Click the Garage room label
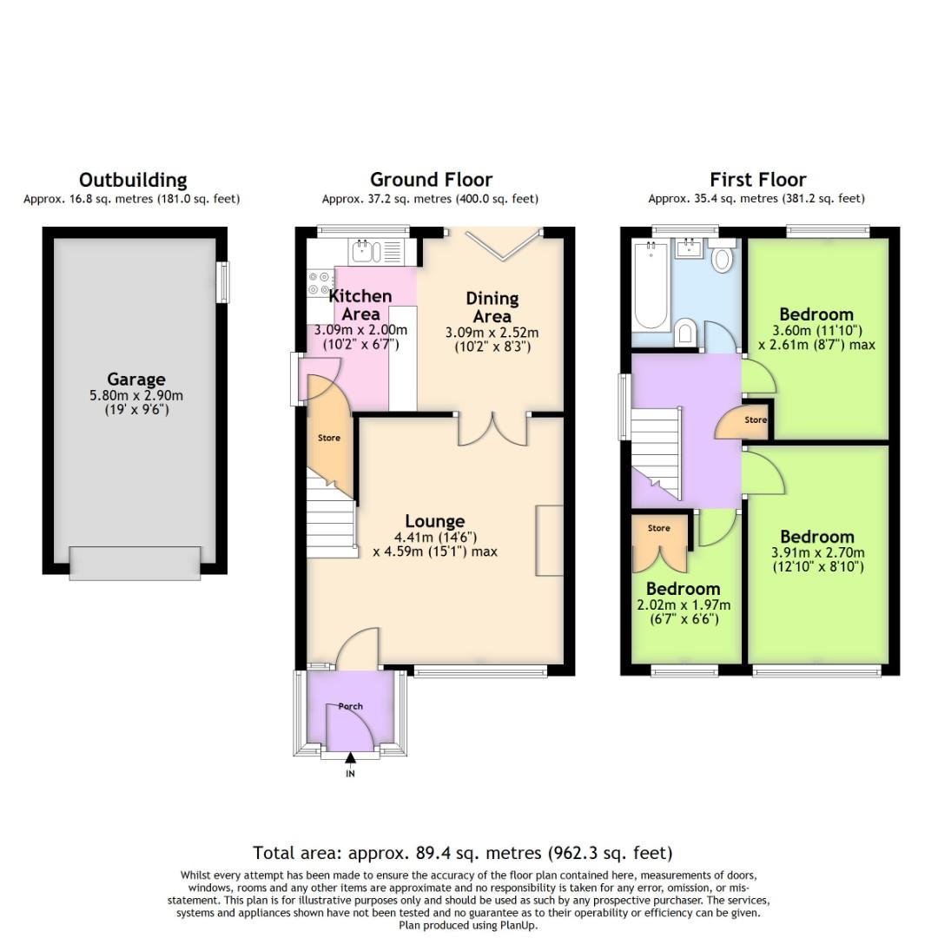pyautogui.click(x=136, y=379)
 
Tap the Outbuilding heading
pyautogui.click(x=133, y=180)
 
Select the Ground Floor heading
pyautogui.click(x=431, y=180)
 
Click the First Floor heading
pyautogui.click(x=757, y=180)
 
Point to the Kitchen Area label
pyautogui.click(x=360, y=305)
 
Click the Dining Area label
pyautogui.click(x=492, y=307)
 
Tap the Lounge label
pyautogui.click(x=434, y=521)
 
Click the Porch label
pyautogui.click(x=350, y=706)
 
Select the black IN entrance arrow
pyautogui.click(x=350, y=758)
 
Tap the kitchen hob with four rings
pyautogui.click(x=319, y=283)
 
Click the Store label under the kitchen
pyautogui.click(x=328, y=438)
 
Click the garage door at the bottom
pyautogui.click(x=135, y=563)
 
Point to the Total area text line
pyautogui.click(x=462, y=852)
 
